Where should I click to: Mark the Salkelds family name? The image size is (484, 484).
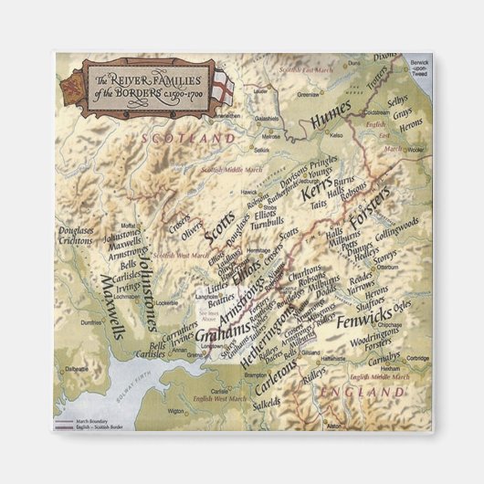coord(267,403)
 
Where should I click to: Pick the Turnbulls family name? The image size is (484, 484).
coord(266,223)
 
